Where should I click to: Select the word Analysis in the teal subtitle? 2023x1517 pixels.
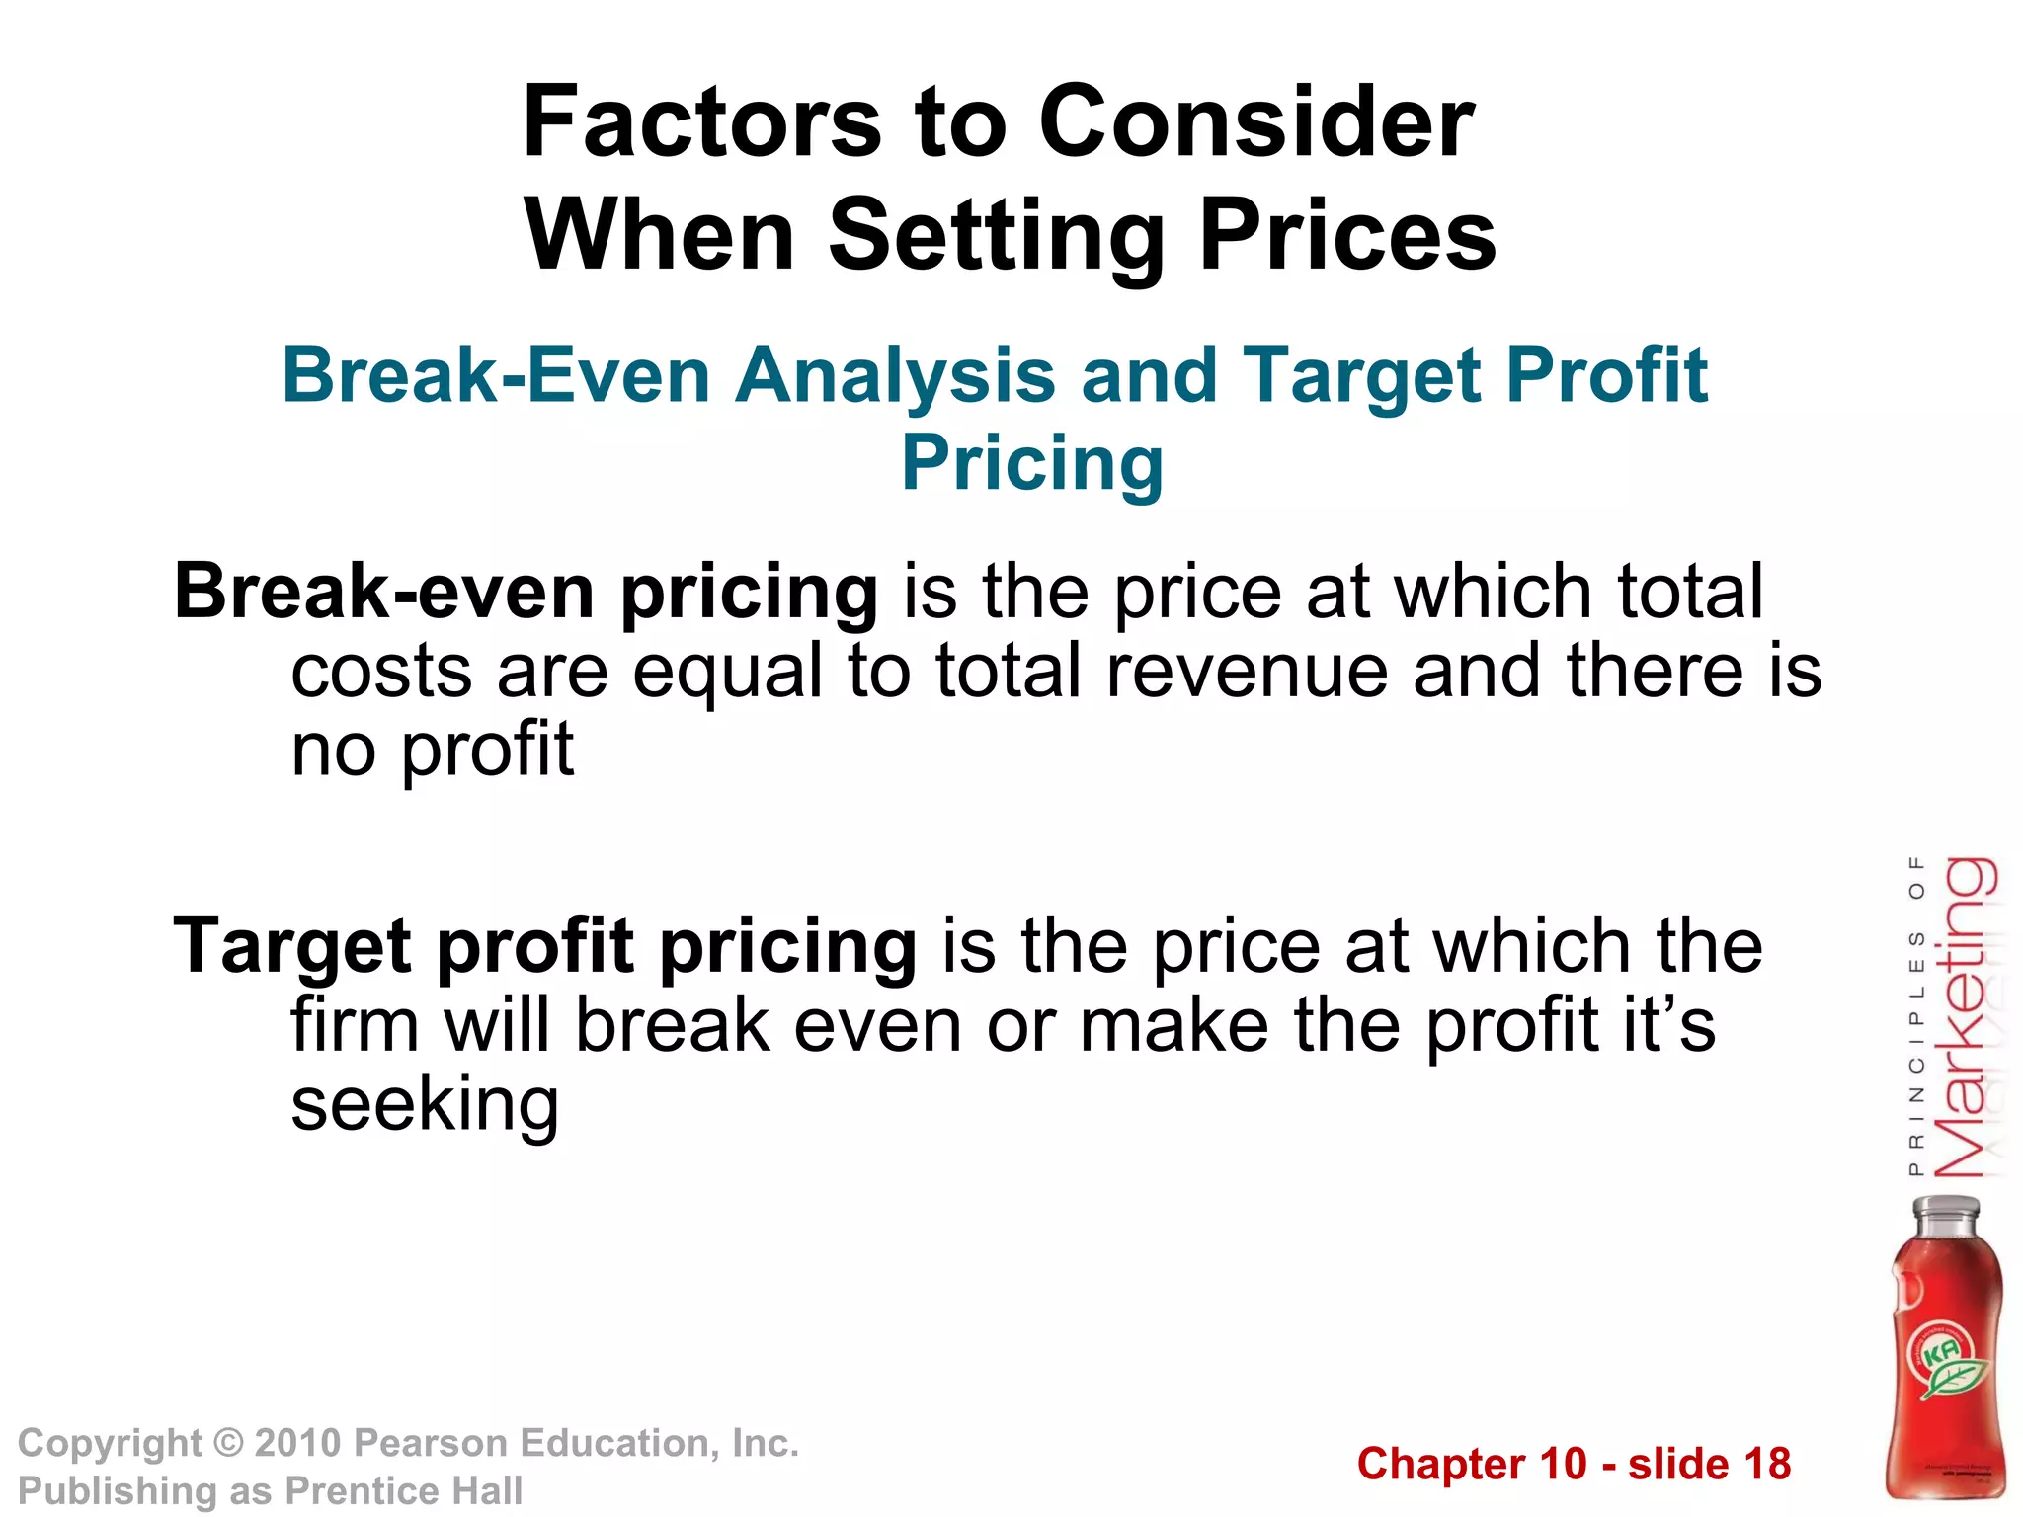(896, 375)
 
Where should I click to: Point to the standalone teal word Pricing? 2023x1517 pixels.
(1032, 462)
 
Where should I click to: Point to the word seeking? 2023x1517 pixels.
(426, 1104)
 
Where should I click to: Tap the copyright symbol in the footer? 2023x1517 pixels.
(228, 1443)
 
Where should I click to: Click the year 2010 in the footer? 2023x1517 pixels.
(297, 1443)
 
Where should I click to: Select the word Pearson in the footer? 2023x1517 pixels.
(431, 1443)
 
